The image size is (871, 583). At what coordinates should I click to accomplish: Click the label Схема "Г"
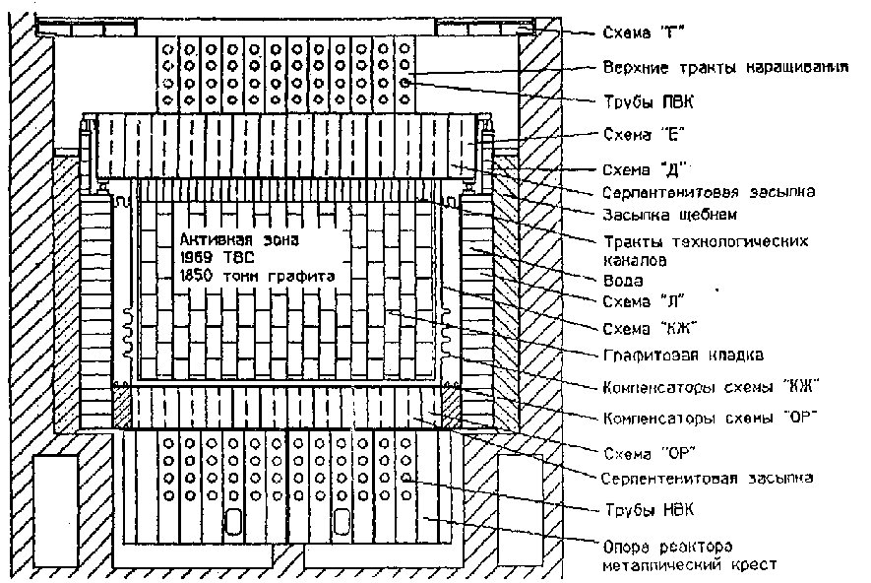(643, 32)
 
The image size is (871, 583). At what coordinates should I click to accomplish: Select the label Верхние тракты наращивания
(725, 67)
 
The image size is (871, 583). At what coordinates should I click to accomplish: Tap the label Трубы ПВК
(649, 101)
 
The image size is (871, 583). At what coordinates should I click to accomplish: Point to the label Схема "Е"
(644, 135)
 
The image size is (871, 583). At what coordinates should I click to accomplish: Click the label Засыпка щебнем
(670, 215)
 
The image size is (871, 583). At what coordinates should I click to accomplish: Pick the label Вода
(623, 280)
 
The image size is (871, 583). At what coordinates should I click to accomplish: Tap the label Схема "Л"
(644, 301)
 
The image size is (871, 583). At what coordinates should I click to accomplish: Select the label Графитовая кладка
(683, 355)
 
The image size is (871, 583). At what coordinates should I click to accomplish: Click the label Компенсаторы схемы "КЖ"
(711, 386)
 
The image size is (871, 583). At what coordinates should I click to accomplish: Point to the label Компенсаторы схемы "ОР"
(711, 418)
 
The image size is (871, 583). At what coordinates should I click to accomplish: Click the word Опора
(626, 547)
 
